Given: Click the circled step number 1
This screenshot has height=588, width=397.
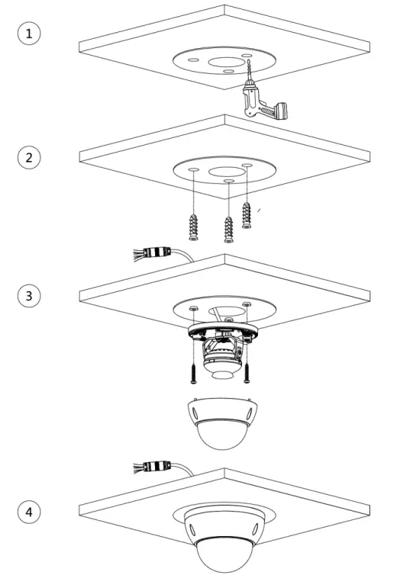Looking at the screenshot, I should pos(30,34).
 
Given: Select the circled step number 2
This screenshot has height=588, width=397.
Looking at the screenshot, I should pos(30,158).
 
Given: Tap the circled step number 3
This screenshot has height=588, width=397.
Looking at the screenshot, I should pos(30,295).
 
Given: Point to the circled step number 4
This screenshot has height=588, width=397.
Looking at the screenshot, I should pos(30,512).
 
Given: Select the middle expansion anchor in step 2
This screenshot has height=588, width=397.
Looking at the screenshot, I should pos(228,227).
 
